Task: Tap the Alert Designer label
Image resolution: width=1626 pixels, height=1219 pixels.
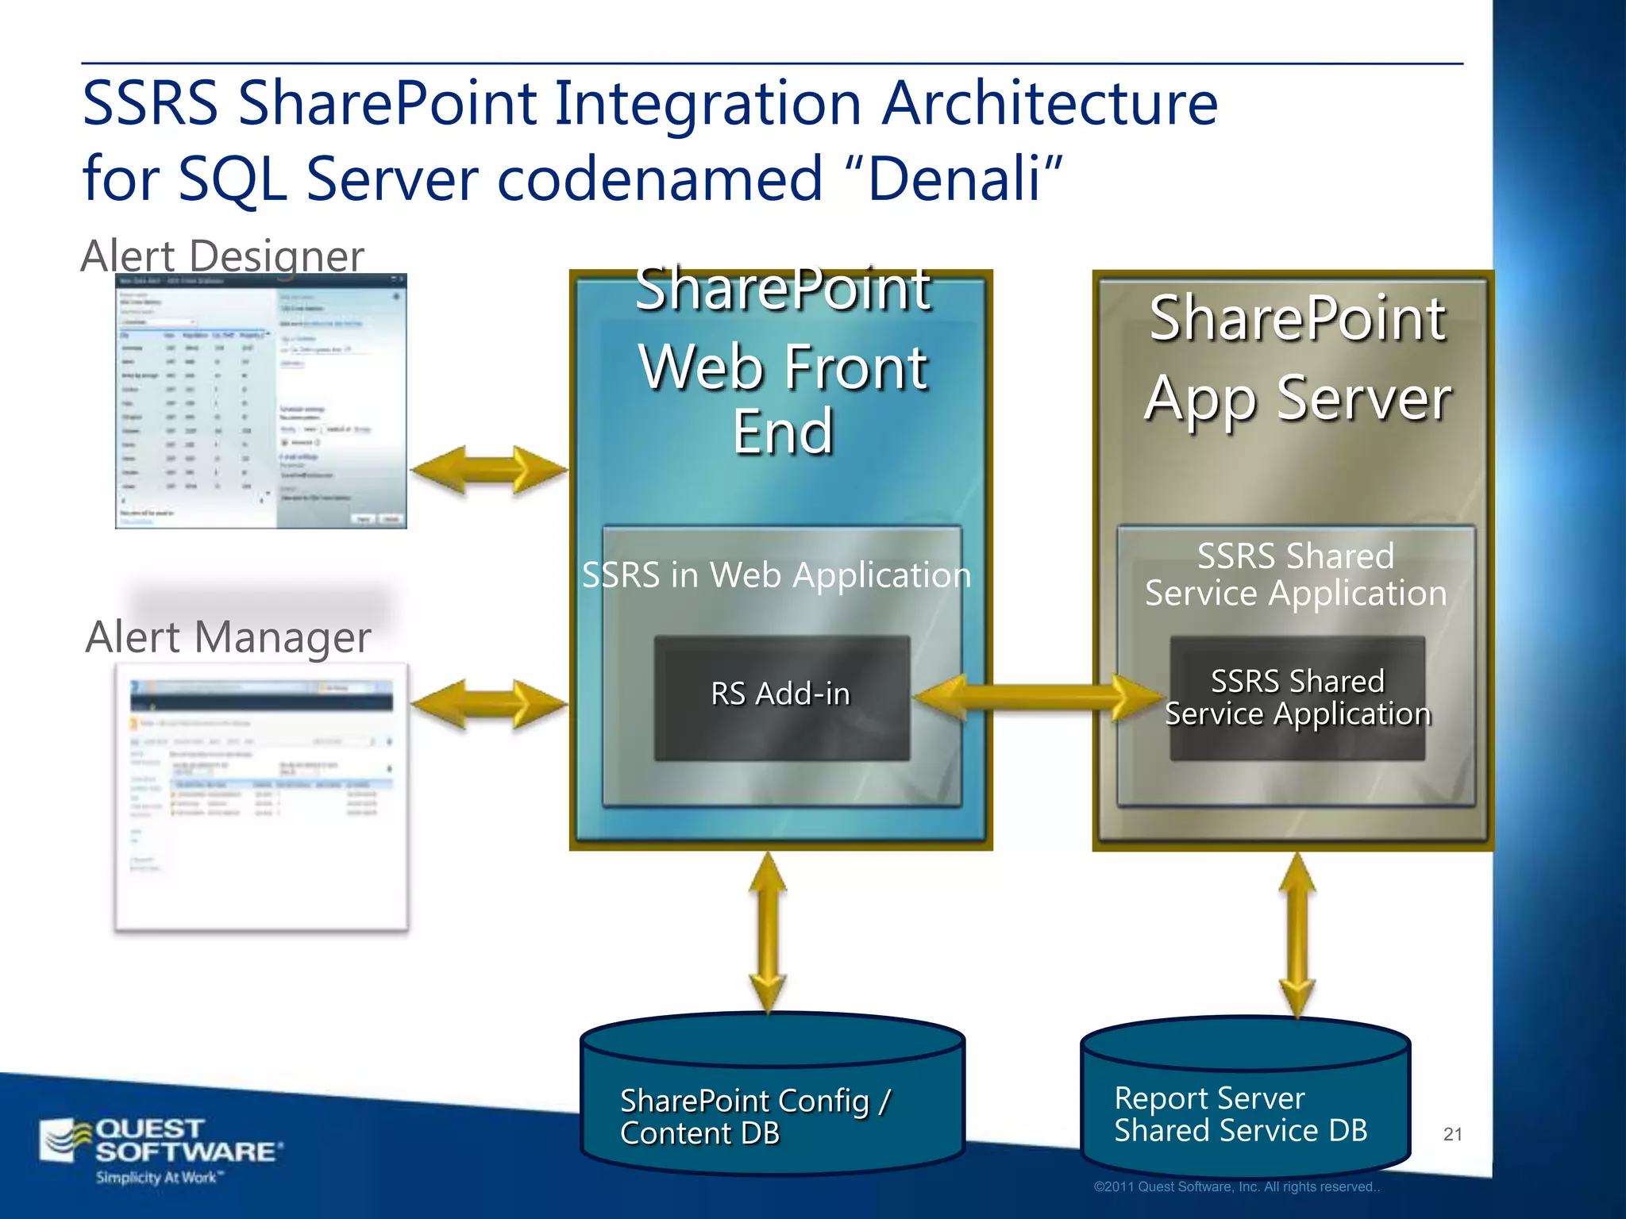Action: pyautogui.click(x=222, y=256)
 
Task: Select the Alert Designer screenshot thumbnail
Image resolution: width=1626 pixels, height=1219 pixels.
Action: pyautogui.click(x=260, y=402)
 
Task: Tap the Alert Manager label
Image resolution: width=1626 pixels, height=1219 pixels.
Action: pyautogui.click(x=228, y=637)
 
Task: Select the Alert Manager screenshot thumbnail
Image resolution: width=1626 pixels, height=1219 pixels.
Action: pyautogui.click(x=261, y=796)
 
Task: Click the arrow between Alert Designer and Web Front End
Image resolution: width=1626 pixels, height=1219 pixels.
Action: pyautogui.click(x=489, y=470)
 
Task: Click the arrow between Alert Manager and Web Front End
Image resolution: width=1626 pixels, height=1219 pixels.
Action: pyautogui.click(x=489, y=704)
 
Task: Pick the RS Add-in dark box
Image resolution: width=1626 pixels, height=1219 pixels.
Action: pyautogui.click(x=781, y=697)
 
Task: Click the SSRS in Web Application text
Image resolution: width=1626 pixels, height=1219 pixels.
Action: pyautogui.click(x=776, y=575)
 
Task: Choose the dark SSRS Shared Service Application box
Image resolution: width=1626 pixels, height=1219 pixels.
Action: pyautogui.click(x=1297, y=698)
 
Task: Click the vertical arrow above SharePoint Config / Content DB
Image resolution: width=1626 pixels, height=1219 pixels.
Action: pyautogui.click(x=768, y=933)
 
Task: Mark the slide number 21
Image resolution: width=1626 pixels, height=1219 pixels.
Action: pyautogui.click(x=1452, y=1134)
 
